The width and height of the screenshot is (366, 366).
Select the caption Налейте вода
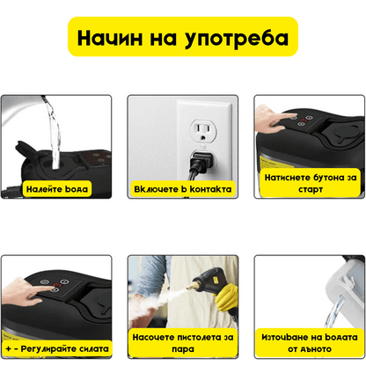pyautogui.click(x=57, y=188)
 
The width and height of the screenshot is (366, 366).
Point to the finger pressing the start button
pyautogui.click(x=274, y=124)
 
